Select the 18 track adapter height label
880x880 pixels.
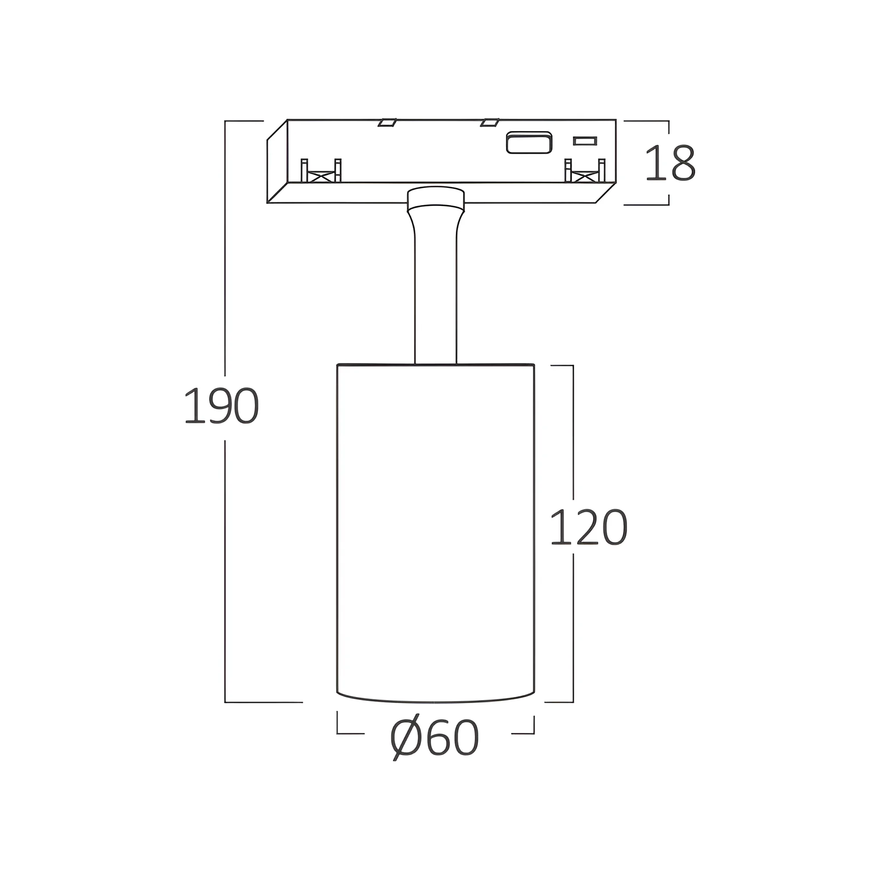pos(670,163)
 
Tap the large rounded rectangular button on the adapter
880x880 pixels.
pos(529,142)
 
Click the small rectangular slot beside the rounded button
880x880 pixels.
pos(585,141)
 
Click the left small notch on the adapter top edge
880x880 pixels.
pos(387,122)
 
